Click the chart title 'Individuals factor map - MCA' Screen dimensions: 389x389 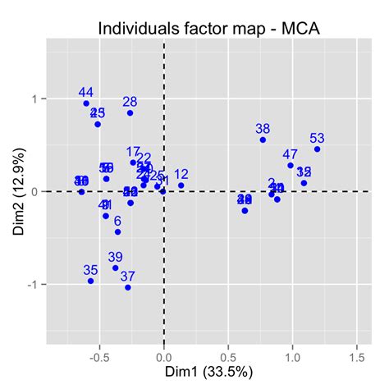(208, 29)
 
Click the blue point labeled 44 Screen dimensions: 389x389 (86, 103)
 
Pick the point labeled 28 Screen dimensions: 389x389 (130, 112)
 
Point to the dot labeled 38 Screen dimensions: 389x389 (263, 140)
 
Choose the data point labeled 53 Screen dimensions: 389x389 (317, 149)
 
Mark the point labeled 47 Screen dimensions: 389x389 (291, 165)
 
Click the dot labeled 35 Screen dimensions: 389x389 (90, 281)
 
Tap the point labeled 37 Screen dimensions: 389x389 (127, 287)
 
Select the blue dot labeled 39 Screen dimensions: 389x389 (116, 268)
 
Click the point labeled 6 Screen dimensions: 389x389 (117, 231)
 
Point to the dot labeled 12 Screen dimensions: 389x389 (181, 185)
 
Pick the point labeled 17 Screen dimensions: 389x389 (133, 162)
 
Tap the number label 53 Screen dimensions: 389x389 (318, 138)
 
